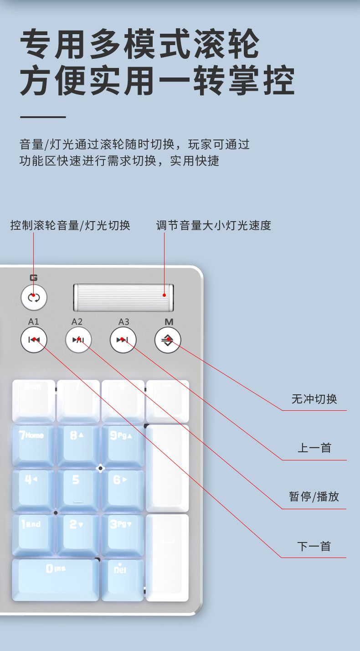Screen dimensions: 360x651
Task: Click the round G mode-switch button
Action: (34, 298)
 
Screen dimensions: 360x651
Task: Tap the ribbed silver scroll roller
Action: (123, 297)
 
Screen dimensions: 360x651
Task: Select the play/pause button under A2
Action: (78, 340)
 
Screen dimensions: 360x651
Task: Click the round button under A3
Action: (123, 340)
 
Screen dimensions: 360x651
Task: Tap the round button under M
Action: (168, 340)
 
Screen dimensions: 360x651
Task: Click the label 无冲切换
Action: (314, 399)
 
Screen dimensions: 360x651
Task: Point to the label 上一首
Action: (314, 448)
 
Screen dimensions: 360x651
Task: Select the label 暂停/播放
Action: (314, 497)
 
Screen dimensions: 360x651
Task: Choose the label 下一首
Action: (314, 546)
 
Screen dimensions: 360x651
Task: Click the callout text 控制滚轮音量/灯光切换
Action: (70, 225)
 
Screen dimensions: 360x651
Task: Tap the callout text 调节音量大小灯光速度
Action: (213, 225)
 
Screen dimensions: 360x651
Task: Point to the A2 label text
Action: (77, 322)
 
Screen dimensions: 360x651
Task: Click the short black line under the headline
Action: (43, 117)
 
